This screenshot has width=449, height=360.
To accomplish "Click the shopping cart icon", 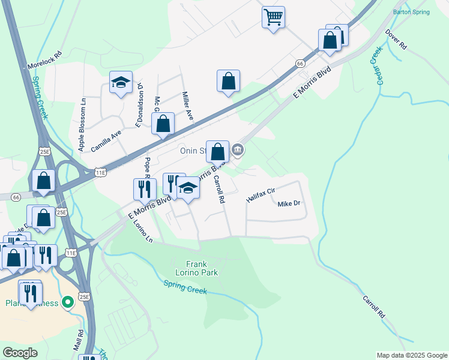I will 273,17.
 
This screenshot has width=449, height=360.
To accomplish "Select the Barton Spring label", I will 411,12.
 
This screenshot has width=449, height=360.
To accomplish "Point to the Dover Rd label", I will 397,39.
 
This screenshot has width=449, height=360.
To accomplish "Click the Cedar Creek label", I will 379,67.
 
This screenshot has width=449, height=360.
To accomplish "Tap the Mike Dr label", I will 288,204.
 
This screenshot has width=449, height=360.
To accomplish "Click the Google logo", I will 20,352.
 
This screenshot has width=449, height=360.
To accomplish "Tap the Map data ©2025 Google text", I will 412,355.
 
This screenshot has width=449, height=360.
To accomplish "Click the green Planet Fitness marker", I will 68,301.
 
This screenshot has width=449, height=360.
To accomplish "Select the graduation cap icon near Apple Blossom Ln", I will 121,83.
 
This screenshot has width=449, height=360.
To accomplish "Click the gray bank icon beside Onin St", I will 238,149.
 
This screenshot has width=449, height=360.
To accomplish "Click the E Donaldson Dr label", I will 139,106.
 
